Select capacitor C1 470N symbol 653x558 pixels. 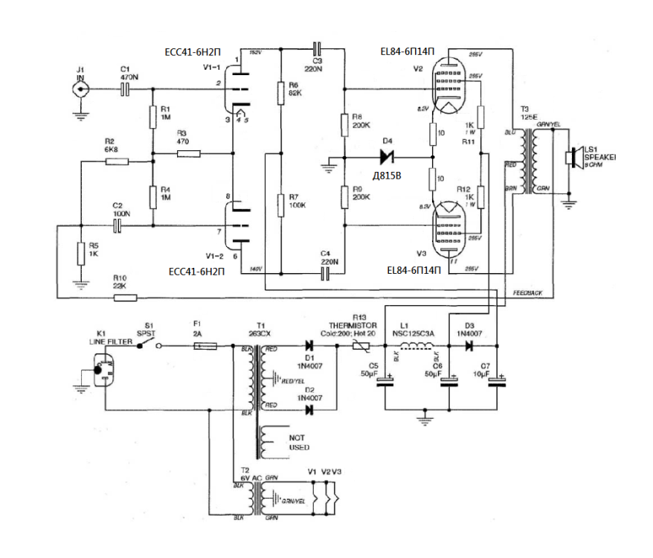point(125,89)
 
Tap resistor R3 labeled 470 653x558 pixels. point(188,154)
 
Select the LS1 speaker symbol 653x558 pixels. point(571,158)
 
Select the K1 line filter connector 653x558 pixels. point(104,370)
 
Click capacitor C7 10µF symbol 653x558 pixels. point(496,382)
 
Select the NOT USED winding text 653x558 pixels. point(299,443)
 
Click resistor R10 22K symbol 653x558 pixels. point(125,298)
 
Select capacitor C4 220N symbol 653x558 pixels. point(324,274)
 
